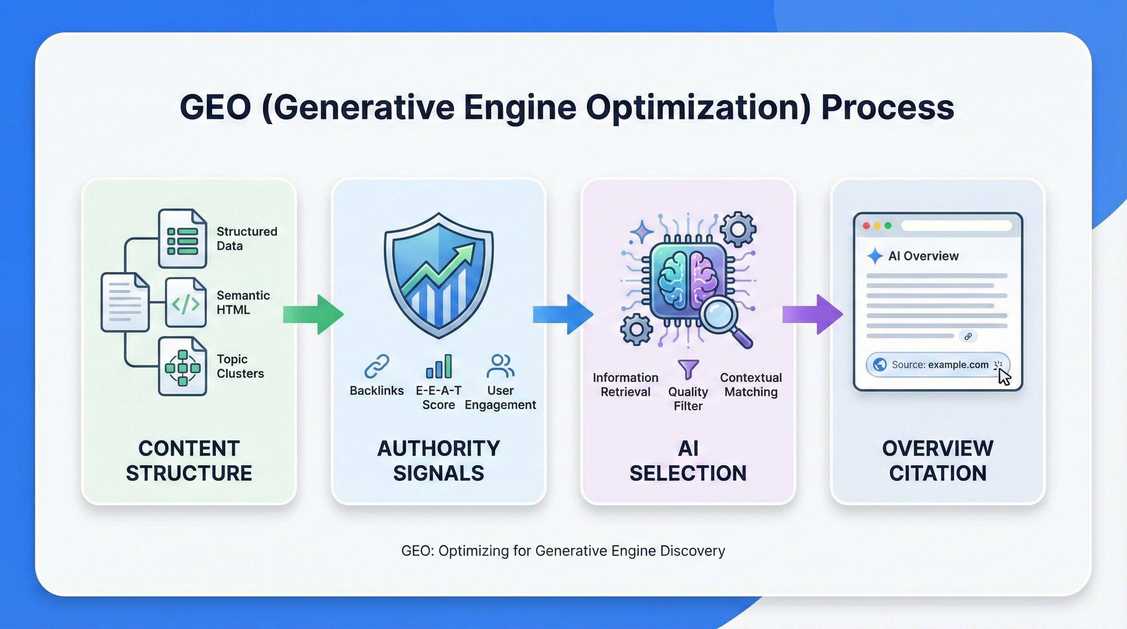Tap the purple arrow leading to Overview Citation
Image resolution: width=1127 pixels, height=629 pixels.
click(813, 314)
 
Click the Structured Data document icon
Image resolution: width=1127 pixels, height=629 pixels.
click(182, 239)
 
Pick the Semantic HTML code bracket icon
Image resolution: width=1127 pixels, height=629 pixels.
click(186, 303)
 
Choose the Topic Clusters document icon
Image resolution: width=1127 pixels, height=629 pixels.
click(182, 367)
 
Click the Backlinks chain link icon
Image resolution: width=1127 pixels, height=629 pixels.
click(377, 366)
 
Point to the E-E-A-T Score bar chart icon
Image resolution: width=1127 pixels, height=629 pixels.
click(439, 367)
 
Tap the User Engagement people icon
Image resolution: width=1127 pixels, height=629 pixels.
click(500, 366)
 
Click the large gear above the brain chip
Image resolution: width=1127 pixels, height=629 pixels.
click(738, 229)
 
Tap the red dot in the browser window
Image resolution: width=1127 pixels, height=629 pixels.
click(866, 226)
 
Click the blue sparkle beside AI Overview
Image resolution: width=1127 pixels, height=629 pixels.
click(875, 256)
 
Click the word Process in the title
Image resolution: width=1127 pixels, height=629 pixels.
click(887, 108)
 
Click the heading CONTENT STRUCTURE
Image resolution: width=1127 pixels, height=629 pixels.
click(189, 461)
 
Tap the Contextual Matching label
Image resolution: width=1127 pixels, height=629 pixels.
click(751, 385)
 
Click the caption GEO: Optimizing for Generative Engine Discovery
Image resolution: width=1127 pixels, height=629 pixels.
click(563, 551)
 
